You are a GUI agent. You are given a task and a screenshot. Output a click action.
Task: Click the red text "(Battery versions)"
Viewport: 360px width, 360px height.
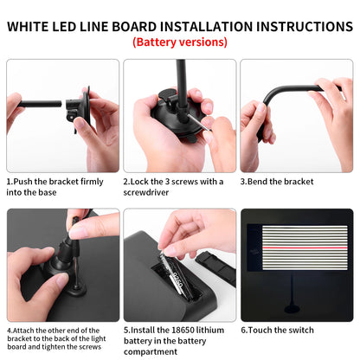click(180, 42)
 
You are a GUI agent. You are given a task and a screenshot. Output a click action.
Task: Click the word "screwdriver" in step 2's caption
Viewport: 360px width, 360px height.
click(147, 194)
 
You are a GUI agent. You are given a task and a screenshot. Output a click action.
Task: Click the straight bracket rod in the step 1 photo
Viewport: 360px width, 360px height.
click(39, 104)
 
